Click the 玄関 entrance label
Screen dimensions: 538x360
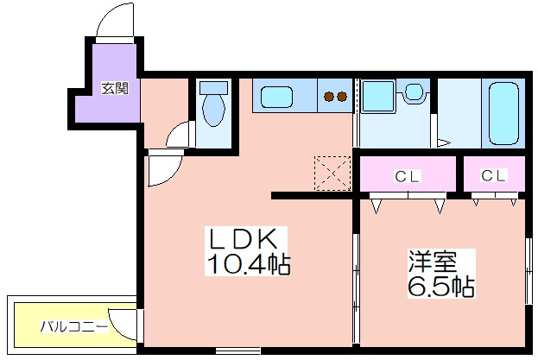[115, 88]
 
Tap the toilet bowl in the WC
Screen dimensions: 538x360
[213, 110]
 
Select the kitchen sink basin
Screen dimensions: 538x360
[276, 97]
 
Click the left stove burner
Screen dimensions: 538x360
[329, 97]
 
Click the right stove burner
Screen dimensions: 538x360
[342, 97]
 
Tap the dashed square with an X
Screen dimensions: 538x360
[332, 174]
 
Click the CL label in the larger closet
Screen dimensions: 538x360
[408, 177]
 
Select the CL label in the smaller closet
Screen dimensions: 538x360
[493, 175]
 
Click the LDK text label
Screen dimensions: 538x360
[244, 238]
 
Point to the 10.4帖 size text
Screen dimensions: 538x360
[248, 264]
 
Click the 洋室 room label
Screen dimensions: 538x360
[433, 262]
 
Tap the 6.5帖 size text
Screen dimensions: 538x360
[441, 287]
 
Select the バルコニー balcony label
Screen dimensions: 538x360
[74, 326]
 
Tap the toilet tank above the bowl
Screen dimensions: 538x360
[214, 88]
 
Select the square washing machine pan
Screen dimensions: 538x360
[377, 96]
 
